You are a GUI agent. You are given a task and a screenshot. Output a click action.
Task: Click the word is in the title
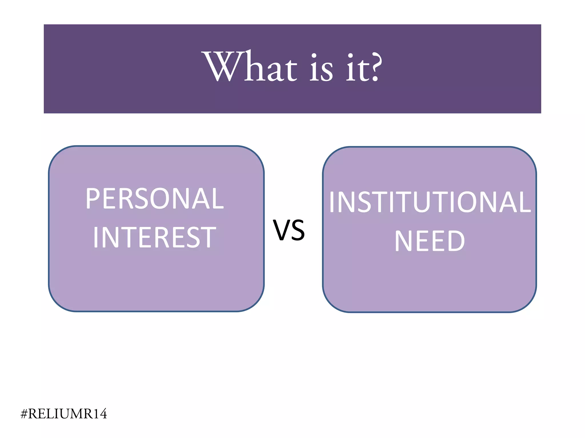click(x=321, y=68)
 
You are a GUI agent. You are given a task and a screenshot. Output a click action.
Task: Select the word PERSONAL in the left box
click(x=155, y=199)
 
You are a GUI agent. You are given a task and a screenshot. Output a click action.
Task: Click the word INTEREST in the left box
click(x=155, y=237)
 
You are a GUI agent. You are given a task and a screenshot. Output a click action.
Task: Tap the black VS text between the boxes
click(x=289, y=230)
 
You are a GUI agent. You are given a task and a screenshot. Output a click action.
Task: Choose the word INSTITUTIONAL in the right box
click(x=430, y=202)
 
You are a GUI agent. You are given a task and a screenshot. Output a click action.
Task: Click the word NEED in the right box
click(x=430, y=241)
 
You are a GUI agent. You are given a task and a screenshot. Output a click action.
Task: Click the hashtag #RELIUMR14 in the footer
click(x=64, y=414)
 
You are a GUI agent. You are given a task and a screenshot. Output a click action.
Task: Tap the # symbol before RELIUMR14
click(x=24, y=414)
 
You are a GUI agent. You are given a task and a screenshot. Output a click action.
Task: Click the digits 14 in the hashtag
click(x=100, y=414)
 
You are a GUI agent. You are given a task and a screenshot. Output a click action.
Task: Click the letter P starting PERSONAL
click(x=92, y=199)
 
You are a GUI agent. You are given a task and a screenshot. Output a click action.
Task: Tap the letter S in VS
click(x=298, y=230)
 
